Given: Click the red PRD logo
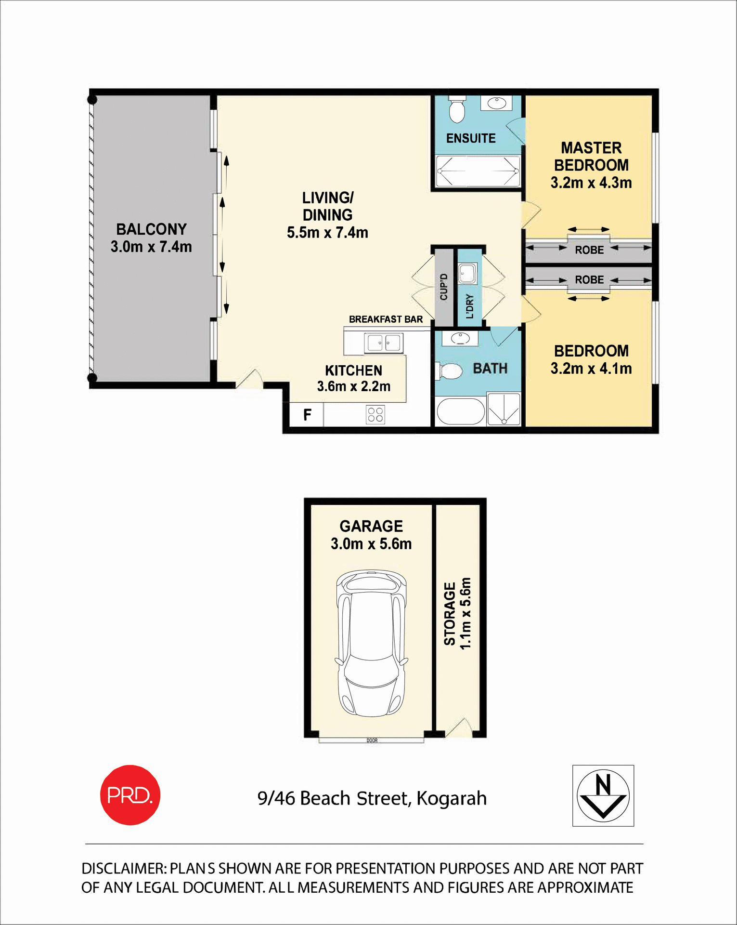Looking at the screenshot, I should [x=130, y=794].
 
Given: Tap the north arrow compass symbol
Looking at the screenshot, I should [x=603, y=795].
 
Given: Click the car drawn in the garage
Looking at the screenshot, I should [x=371, y=643].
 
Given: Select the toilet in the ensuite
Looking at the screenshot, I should [x=456, y=110].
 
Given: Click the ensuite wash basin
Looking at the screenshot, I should [x=496, y=103].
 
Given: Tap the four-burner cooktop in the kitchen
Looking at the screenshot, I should [x=375, y=414].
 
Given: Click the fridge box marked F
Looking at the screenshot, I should [x=307, y=415].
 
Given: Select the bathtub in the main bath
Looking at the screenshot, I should [x=460, y=411].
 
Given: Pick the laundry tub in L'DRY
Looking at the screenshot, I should [x=466, y=274].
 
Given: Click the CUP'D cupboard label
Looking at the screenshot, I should [x=444, y=287].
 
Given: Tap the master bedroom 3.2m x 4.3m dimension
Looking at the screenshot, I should [x=591, y=183].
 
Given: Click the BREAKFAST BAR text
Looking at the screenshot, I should [x=386, y=319].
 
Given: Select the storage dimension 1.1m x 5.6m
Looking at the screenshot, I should [x=465, y=613].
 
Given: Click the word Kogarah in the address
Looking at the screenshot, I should [x=451, y=799].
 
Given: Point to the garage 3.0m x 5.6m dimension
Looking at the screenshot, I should [x=371, y=544].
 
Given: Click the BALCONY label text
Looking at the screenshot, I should [x=151, y=229].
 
